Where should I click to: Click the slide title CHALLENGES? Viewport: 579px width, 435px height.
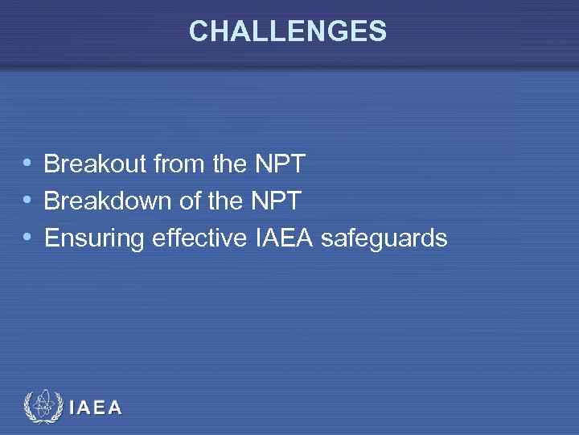288,31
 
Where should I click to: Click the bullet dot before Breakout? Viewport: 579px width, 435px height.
28,164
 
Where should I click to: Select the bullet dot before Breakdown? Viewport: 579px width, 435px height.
28,201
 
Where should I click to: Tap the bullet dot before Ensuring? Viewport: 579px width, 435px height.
28,237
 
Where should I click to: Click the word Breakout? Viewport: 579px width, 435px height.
94,164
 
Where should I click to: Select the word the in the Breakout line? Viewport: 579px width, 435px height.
231,164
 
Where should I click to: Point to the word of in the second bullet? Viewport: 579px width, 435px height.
189,201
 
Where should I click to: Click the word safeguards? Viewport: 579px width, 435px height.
384,238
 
